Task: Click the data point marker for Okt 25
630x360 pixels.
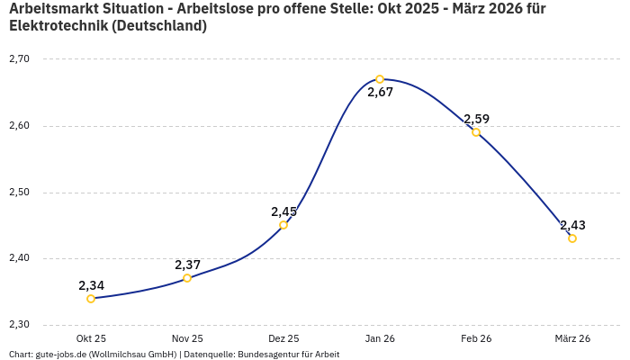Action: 91,299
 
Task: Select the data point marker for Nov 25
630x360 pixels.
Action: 187,278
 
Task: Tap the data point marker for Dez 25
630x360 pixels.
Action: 283,225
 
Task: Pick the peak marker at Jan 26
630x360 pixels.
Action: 380,79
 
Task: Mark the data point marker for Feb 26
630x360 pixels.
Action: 476,132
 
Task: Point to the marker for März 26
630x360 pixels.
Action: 572,238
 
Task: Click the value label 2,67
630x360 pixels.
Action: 380,93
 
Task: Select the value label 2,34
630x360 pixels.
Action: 91,285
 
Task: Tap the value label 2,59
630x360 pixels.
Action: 476,119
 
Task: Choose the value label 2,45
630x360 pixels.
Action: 283,211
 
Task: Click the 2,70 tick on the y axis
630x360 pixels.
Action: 19,59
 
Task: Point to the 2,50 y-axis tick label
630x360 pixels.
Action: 19,193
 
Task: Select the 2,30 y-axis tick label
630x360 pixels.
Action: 19,325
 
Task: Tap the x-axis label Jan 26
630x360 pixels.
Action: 380,338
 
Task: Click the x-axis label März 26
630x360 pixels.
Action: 572,338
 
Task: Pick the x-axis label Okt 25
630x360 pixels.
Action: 91,338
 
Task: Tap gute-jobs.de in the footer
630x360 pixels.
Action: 64,355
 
